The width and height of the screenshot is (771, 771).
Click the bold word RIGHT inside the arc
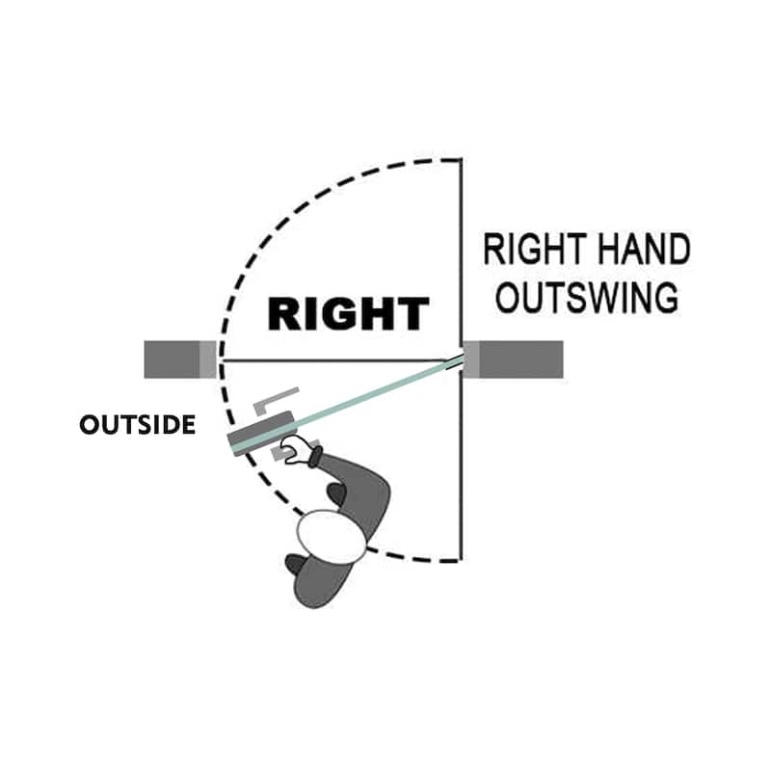click(348, 314)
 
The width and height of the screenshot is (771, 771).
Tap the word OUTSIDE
click(137, 425)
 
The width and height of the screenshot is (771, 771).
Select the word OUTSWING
click(586, 297)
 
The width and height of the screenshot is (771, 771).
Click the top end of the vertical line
click(460, 160)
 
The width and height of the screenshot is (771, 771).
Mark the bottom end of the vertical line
click(460, 559)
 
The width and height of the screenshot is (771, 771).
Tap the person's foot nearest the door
click(336, 493)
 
